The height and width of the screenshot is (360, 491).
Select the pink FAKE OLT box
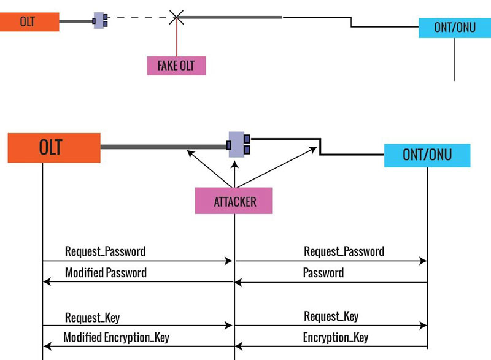pyautogui.click(x=176, y=66)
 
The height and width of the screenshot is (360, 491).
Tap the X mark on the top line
pyautogui.click(x=177, y=17)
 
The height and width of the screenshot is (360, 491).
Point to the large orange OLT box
pyautogui.click(x=54, y=148)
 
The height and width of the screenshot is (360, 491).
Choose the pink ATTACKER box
pyautogui.click(x=233, y=201)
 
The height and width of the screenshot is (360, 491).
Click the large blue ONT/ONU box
pyautogui.click(x=427, y=155)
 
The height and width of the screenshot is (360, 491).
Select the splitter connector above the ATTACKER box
pyautogui.click(x=237, y=145)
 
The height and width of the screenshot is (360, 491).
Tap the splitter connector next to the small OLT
pyautogui.click(x=101, y=20)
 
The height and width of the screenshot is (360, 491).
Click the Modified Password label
pyautogui.click(x=106, y=273)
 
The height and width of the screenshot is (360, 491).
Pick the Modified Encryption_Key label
pyautogui.click(x=116, y=337)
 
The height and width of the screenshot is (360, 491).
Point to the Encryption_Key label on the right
pyautogui.click(x=336, y=337)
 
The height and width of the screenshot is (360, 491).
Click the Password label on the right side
pyautogui.click(x=323, y=273)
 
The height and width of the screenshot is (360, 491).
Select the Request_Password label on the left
pyautogui.click(x=105, y=251)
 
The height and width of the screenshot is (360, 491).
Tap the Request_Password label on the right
pyautogui.click(x=344, y=251)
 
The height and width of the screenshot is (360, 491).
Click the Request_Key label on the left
pyautogui.click(x=92, y=318)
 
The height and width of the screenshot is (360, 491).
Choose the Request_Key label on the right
pyautogui.click(x=331, y=316)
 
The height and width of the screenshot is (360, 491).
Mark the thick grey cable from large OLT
pyautogui.click(x=163, y=147)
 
